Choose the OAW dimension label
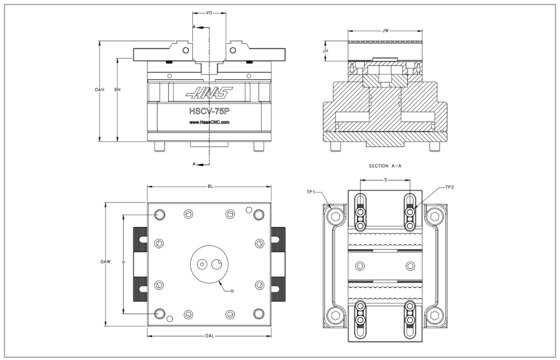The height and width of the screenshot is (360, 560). pyautogui.click(x=105, y=262)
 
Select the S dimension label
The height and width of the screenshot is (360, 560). pyautogui.click(x=385, y=180)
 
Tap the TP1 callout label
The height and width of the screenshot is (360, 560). pyautogui.click(x=312, y=192)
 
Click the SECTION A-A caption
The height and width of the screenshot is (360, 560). pyautogui.click(x=385, y=166)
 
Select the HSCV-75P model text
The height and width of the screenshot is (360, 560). pyautogui.click(x=209, y=111)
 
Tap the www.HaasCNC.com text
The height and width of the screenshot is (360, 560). pyautogui.click(x=209, y=122)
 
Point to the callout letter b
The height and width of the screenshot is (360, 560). pyautogui.click(x=232, y=291)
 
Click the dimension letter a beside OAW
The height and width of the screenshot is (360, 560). pyautogui.click(x=123, y=261)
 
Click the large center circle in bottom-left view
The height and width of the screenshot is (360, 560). pyautogui.click(x=209, y=264)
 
